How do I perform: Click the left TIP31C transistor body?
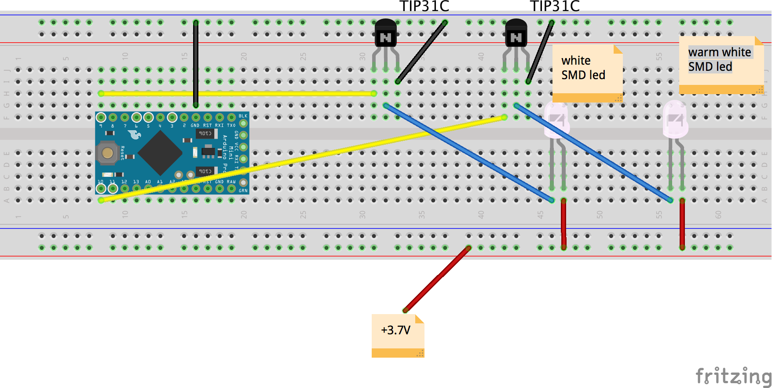click(x=386, y=33)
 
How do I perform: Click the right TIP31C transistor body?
click(x=516, y=33)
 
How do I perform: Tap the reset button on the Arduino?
click(x=107, y=153)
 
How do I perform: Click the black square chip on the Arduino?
click(x=160, y=153)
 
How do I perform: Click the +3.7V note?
click(x=398, y=335)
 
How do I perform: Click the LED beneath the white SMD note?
click(x=557, y=121)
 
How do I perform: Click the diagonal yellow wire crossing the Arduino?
click(x=308, y=157)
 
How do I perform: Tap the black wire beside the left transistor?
click(x=421, y=51)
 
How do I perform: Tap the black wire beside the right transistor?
click(x=540, y=51)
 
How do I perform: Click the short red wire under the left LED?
click(x=563, y=224)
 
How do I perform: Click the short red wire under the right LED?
click(x=682, y=224)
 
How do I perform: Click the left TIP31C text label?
click(x=424, y=6)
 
